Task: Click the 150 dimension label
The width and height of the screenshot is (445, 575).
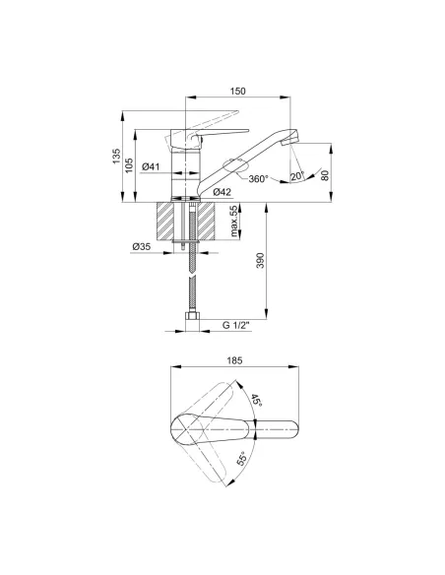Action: (x=237, y=91)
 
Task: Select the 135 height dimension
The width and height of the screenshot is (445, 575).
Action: (x=116, y=156)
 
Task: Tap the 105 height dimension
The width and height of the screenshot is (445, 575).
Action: (x=129, y=165)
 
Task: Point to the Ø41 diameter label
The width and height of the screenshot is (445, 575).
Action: (x=151, y=166)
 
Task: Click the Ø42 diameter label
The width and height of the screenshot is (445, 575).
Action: (x=222, y=191)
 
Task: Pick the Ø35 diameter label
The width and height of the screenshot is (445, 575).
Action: (x=142, y=247)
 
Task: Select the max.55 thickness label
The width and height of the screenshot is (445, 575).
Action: (x=233, y=221)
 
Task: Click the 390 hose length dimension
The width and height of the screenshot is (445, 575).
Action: (x=260, y=260)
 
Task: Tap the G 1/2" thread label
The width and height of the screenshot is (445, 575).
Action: (x=236, y=325)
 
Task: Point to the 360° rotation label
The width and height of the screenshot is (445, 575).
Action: (x=258, y=179)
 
